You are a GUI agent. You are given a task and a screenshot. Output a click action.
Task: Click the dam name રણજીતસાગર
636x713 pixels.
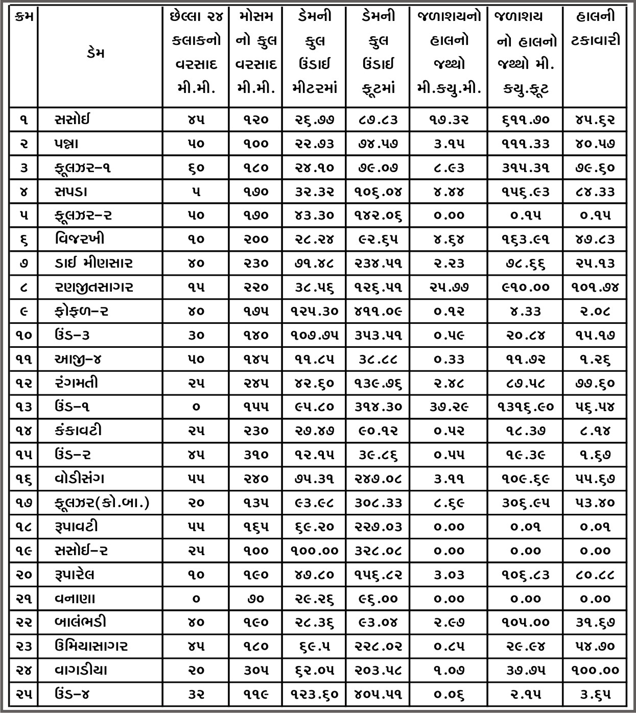[x=94, y=287]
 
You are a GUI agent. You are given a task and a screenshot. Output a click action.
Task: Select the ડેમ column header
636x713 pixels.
[x=96, y=53]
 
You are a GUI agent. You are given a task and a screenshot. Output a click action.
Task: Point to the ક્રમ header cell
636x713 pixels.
[x=24, y=17]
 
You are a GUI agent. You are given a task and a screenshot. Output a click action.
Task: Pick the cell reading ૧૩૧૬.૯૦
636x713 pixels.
[x=526, y=407]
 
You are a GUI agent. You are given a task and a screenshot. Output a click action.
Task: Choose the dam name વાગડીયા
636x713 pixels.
[x=81, y=670]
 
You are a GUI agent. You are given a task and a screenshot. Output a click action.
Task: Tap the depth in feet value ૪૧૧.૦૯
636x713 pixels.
[x=379, y=311]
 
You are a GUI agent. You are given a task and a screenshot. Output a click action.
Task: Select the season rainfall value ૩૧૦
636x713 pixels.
[x=255, y=455]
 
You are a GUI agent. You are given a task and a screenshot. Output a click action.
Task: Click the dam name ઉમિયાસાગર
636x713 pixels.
[x=91, y=646]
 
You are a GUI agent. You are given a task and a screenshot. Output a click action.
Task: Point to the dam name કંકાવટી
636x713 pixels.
[x=78, y=431]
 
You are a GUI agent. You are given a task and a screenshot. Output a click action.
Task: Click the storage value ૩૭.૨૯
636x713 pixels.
[x=449, y=407]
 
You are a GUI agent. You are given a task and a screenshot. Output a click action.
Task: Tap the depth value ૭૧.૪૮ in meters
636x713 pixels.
[x=315, y=264]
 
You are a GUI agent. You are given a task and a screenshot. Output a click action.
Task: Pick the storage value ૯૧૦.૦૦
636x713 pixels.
[x=526, y=287]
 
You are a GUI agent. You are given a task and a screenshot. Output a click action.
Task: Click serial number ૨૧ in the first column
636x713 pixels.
[x=24, y=599]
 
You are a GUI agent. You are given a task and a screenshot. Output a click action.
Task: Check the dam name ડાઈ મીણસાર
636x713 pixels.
[x=93, y=264]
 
